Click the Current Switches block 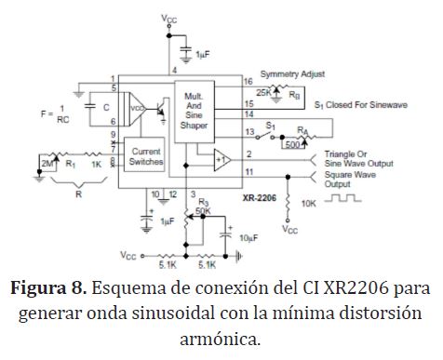(144, 154)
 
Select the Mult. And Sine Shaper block (195, 112)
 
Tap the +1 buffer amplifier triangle (222, 160)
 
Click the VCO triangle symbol (138, 109)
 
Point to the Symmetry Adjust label (292, 74)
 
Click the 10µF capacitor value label (248, 238)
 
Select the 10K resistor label (309, 204)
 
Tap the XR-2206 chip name (260, 198)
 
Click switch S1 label (271, 126)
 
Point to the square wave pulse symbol (343, 198)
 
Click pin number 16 (248, 82)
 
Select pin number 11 (249, 172)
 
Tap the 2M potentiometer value (47, 164)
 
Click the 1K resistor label (97, 165)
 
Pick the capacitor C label (106, 108)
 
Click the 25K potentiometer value (263, 92)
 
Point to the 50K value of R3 (203, 211)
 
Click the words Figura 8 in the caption (48, 288)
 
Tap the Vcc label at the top (169, 19)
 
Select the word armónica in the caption (221, 339)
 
